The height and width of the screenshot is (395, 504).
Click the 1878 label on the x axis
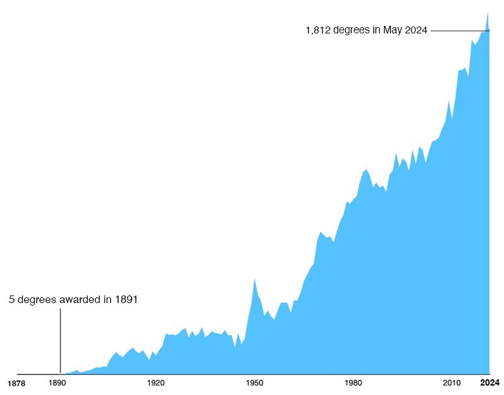click(x=16, y=384)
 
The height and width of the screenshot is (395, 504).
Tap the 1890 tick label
click(x=57, y=383)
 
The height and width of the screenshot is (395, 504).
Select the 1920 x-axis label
click(x=156, y=383)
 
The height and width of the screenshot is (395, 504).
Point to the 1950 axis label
click(x=255, y=383)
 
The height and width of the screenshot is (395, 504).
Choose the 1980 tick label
click(x=353, y=383)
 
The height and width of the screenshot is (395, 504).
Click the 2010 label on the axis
click(x=452, y=383)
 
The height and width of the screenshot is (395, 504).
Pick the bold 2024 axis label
click(x=490, y=382)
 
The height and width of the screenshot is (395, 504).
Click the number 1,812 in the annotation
click(x=318, y=30)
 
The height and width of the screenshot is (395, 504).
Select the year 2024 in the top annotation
click(x=416, y=30)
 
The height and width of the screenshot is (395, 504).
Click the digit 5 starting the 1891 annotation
click(x=11, y=299)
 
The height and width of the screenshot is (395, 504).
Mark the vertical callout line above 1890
click(x=60, y=341)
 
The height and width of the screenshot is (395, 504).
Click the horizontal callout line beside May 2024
click(x=460, y=31)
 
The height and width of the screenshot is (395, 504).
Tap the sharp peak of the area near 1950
click(x=255, y=278)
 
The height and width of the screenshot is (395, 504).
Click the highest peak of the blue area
click(x=488, y=12)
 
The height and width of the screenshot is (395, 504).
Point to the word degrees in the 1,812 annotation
click(x=352, y=30)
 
